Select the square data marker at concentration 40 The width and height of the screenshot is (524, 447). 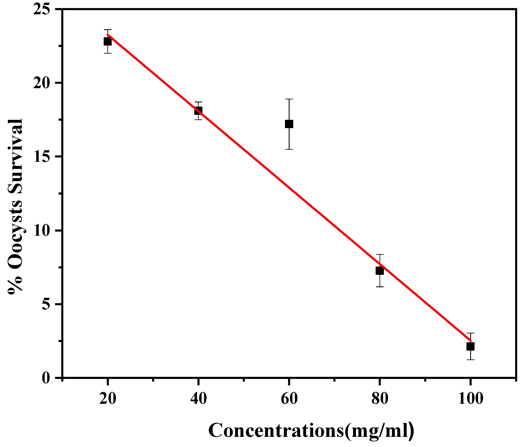198,111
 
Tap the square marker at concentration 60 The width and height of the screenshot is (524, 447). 289,124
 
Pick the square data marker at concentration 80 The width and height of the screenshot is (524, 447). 380,271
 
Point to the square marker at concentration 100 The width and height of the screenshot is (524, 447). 470,346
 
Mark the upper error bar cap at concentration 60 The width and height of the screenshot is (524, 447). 289,99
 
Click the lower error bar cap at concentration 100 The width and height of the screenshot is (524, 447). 470,359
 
